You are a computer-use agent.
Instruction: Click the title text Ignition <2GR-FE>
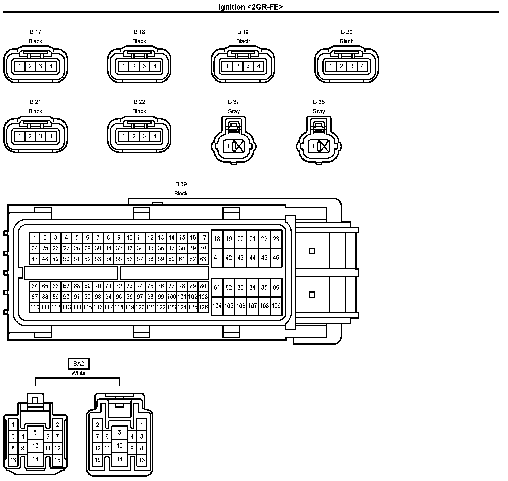tap(250, 7)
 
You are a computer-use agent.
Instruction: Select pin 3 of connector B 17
tap(40, 66)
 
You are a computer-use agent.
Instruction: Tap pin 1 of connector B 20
tap(331, 66)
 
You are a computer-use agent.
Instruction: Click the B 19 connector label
tap(243, 32)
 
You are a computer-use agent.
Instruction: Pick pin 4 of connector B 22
tap(155, 136)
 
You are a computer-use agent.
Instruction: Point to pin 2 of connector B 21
tap(30, 136)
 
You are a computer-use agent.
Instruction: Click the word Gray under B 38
tap(319, 111)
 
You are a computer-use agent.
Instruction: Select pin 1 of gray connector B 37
tap(228, 146)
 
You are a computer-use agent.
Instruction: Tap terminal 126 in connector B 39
tap(203, 307)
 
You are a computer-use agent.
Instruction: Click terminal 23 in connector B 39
tap(276, 239)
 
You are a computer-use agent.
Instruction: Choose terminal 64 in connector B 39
tap(35, 286)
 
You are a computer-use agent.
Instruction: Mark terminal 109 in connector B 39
tap(276, 306)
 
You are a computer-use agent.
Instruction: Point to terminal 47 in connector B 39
tap(35, 259)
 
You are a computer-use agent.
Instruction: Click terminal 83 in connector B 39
tap(240, 287)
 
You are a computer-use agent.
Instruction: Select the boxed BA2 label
tap(78, 364)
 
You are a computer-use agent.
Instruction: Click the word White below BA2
tap(78, 373)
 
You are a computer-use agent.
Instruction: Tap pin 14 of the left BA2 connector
tap(35, 459)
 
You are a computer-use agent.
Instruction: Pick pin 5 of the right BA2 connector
tap(119, 432)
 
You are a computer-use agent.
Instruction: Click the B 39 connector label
tap(181, 184)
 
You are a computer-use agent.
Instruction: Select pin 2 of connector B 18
tap(134, 66)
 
